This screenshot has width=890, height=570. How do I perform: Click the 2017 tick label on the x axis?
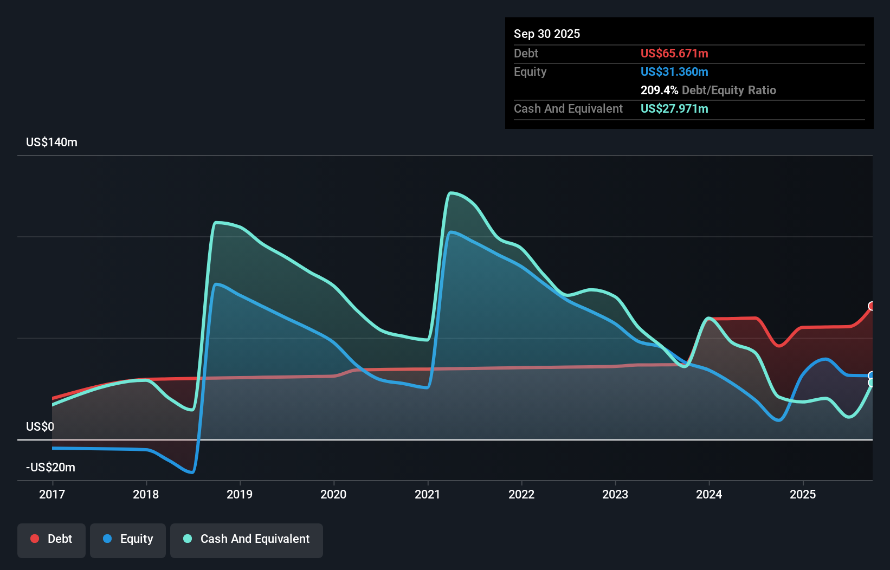(52, 494)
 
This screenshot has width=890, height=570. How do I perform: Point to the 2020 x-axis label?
(333, 494)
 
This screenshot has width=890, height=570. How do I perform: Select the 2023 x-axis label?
(615, 494)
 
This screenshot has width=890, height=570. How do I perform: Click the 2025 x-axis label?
(803, 494)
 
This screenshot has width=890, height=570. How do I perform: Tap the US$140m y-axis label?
(51, 142)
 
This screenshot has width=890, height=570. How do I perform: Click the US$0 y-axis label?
(40, 426)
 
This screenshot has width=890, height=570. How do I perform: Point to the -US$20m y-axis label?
(50, 467)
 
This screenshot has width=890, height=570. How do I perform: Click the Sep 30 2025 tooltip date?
(547, 34)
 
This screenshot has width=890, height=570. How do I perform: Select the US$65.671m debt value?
(674, 53)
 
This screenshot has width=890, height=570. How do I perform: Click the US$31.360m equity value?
(674, 72)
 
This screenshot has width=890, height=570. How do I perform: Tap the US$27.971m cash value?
(674, 108)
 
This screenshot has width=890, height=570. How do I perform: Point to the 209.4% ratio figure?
(659, 90)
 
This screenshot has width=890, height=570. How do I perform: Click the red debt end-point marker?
(872, 306)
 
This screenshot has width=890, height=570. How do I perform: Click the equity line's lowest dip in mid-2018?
(192, 472)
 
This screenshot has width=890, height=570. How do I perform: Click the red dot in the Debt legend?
(35, 539)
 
